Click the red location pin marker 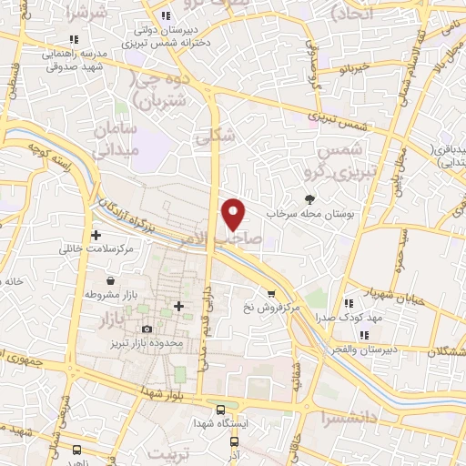234,213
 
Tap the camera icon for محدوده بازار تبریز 147,329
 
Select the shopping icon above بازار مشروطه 110,281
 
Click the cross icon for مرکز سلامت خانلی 96,235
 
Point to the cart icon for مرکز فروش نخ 270,292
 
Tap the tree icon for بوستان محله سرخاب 311,198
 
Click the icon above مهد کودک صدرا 349,302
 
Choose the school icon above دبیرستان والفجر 364,335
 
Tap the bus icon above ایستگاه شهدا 221,409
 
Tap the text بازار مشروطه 110,296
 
